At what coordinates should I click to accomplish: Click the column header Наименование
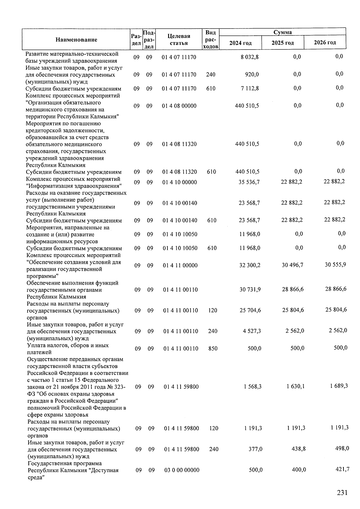point(76,40)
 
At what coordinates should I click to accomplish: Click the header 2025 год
point(283,43)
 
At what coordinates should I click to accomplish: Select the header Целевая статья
point(179,40)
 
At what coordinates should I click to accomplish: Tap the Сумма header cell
point(283,32)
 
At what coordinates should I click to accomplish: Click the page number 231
point(342,493)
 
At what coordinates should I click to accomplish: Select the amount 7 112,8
point(250,88)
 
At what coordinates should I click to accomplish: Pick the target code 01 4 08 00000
point(179,106)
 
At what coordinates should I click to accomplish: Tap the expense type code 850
point(213,349)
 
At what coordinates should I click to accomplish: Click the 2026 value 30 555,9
point(335,265)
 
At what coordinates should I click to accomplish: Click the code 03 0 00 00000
point(181,470)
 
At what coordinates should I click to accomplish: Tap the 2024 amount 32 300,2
point(250,265)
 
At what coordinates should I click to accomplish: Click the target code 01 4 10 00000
point(179,182)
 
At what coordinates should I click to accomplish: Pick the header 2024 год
point(240,43)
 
